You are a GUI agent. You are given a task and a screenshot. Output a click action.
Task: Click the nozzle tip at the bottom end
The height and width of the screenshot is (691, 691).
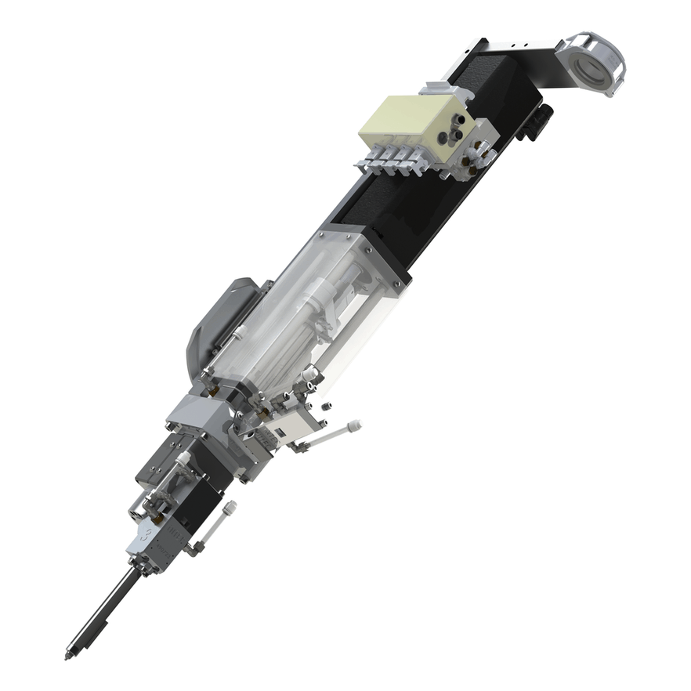click(x=68, y=654)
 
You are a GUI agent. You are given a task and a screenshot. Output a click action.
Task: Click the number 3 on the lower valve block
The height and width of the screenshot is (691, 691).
click(x=143, y=535)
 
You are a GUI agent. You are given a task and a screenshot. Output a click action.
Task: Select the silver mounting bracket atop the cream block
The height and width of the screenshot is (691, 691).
click(x=447, y=90)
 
